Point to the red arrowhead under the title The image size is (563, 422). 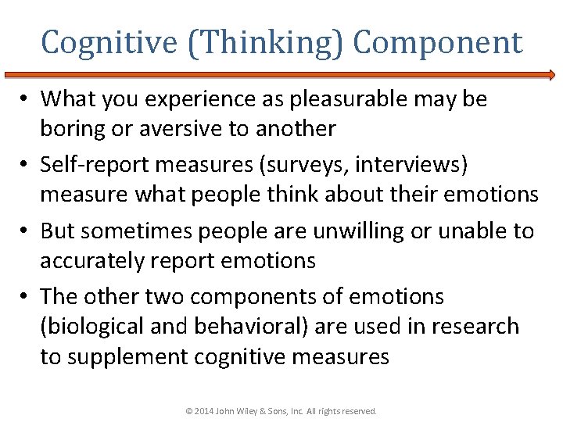coord(550,75)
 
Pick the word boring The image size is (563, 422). coord(74,129)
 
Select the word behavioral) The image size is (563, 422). coord(246,327)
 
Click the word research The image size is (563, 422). coord(475,327)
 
